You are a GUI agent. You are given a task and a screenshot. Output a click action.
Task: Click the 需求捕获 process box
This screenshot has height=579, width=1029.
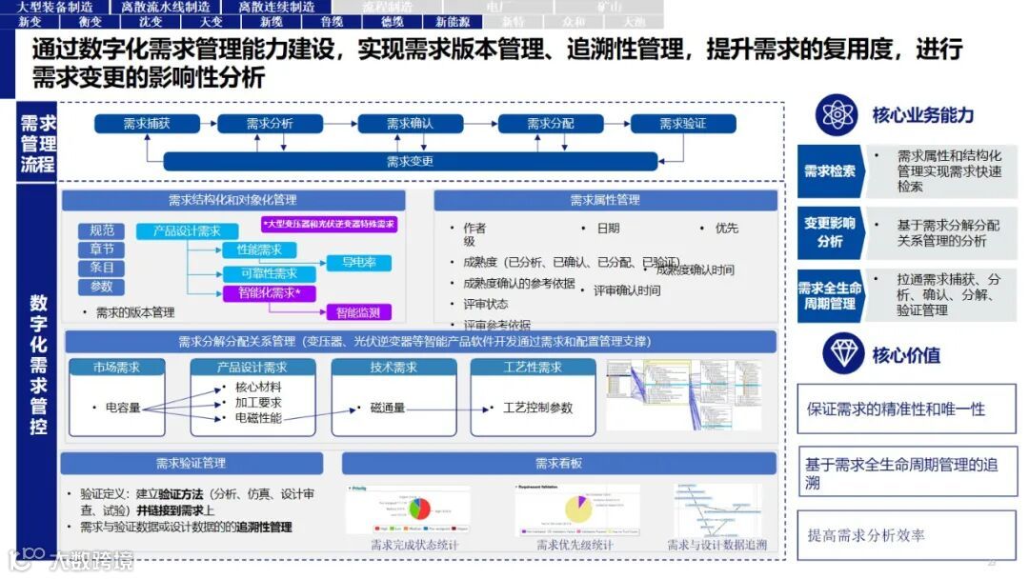tap(147, 124)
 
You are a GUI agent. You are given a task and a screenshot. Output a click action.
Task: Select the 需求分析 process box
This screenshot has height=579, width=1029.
tap(270, 124)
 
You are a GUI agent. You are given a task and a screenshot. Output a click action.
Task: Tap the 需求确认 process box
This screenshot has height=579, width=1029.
tap(410, 124)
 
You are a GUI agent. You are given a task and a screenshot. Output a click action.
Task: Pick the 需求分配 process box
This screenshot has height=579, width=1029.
tap(550, 124)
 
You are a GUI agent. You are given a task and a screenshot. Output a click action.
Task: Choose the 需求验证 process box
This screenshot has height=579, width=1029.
tap(682, 124)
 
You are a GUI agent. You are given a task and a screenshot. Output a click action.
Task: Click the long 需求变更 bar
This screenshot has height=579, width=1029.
tap(410, 161)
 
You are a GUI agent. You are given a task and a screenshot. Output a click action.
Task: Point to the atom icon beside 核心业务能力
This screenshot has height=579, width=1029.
tap(838, 115)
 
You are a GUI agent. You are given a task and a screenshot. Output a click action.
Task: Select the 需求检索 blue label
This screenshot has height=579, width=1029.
tap(829, 171)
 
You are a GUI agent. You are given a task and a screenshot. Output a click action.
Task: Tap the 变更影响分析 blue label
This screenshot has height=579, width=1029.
tap(829, 232)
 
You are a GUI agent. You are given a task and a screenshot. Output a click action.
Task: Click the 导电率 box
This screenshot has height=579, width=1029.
tap(359, 263)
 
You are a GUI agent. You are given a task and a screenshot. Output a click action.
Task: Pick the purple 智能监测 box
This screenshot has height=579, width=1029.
tap(357, 311)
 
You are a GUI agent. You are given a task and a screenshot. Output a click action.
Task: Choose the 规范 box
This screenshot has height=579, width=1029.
tap(101, 230)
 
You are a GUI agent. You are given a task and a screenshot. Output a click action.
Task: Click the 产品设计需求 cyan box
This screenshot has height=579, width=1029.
tap(186, 231)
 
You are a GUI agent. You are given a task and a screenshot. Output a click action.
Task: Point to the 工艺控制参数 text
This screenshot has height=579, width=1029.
tap(537, 409)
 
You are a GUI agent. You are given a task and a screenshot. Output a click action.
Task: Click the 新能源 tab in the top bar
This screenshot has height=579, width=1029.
tap(453, 21)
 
